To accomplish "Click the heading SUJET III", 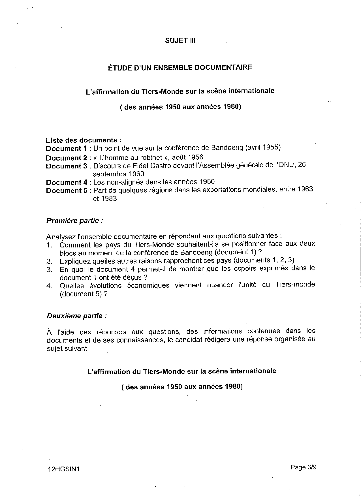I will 180,40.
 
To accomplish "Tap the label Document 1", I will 67,149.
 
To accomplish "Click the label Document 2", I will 67,158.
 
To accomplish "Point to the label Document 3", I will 67,166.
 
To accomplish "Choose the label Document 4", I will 67,182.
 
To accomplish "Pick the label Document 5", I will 67,191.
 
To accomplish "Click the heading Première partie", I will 74,221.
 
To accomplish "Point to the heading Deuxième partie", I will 76,316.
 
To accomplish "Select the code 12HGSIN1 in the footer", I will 64,469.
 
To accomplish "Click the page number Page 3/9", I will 303,467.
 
